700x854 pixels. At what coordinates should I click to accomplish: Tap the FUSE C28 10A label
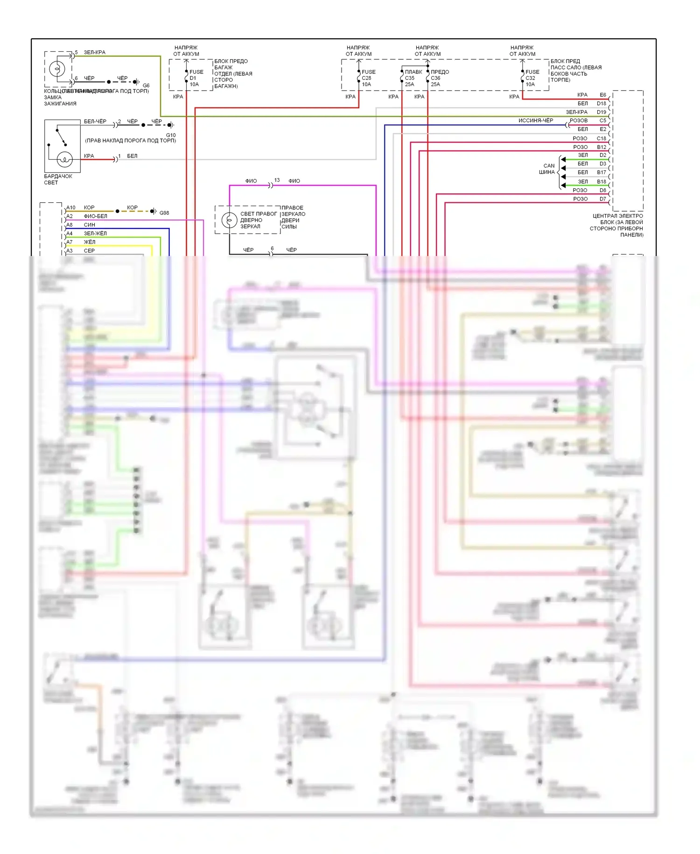click(368, 78)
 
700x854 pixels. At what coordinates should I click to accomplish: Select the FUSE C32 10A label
click(532, 78)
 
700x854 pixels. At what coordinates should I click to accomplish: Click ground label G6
click(146, 85)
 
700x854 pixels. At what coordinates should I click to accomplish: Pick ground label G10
click(171, 135)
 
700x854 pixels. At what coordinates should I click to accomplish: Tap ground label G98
click(164, 213)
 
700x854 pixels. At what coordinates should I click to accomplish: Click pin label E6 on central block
click(603, 95)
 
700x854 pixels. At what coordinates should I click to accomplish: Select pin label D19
click(602, 112)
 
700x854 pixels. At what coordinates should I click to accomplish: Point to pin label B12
click(602, 147)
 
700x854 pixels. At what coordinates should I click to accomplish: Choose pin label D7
click(603, 199)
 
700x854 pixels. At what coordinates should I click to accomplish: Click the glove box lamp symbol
click(65, 160)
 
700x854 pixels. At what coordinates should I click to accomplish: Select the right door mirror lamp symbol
click(229, 220)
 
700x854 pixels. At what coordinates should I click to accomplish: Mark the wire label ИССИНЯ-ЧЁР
click(536, 121)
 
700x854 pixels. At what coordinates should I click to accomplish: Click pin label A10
click(71, 207)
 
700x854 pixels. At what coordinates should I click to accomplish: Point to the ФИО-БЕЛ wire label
click(95, 216)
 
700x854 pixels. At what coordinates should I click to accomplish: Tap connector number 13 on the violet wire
click(277, 180)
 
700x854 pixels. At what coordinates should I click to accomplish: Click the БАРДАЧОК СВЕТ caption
click(58, 179)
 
